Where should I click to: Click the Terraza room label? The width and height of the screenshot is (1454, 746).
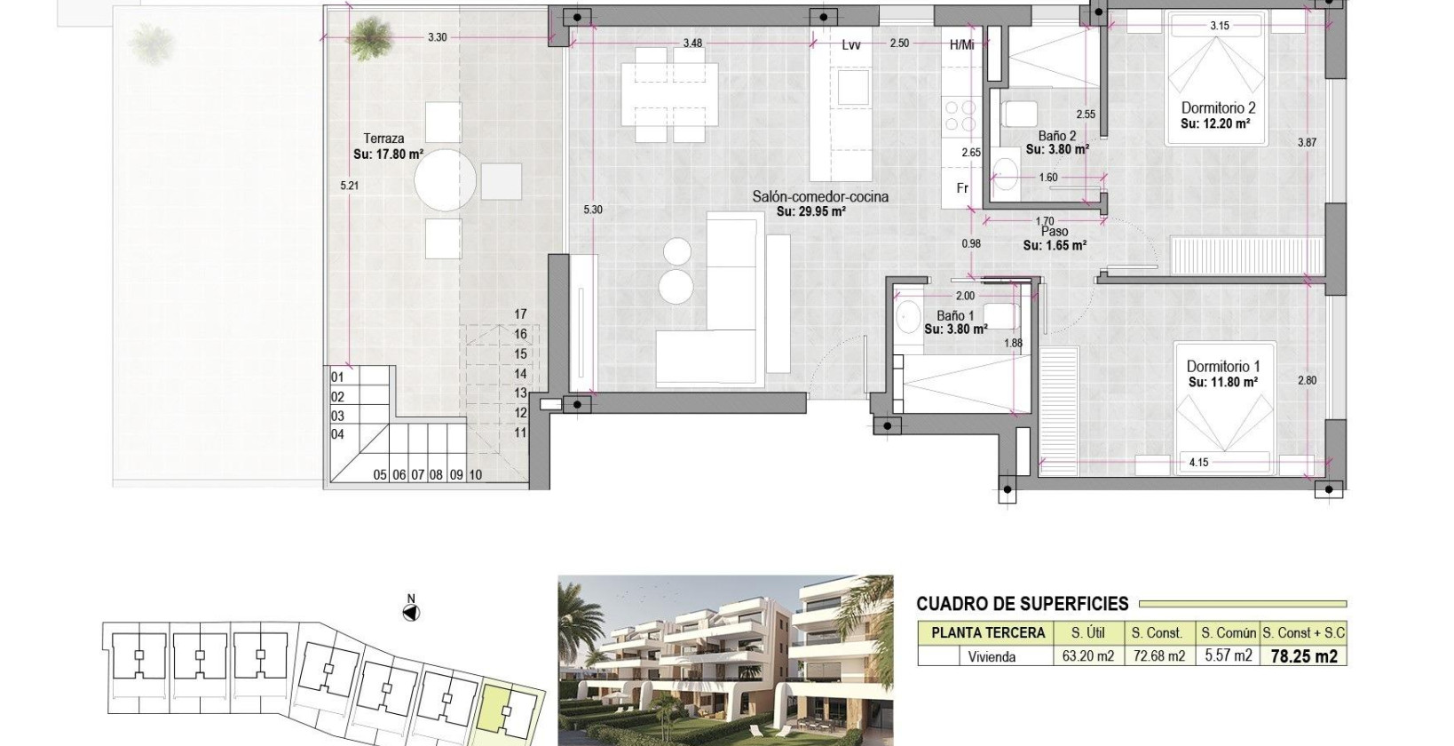383,138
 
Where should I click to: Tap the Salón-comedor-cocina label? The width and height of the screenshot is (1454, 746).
819,197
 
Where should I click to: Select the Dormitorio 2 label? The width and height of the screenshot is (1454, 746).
1218,107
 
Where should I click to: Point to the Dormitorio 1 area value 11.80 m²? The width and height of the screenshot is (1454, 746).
1223,383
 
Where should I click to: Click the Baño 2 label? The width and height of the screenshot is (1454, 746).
1056,136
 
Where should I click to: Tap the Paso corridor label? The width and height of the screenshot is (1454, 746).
1055,232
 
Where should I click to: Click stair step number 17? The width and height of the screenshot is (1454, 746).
520,314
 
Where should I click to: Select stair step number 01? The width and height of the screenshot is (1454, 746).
337,377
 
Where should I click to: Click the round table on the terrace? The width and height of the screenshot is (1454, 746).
445,180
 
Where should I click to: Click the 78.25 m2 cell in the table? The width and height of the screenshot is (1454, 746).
1304,657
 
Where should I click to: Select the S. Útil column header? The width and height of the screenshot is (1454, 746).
1088,633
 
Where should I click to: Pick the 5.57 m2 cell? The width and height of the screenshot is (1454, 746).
1228,657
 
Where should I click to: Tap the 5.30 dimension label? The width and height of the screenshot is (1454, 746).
592,210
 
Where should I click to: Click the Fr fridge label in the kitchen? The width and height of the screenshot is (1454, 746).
962,189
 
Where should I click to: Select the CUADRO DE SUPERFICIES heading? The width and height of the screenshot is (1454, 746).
1022,604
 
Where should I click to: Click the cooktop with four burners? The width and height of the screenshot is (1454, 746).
960,116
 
